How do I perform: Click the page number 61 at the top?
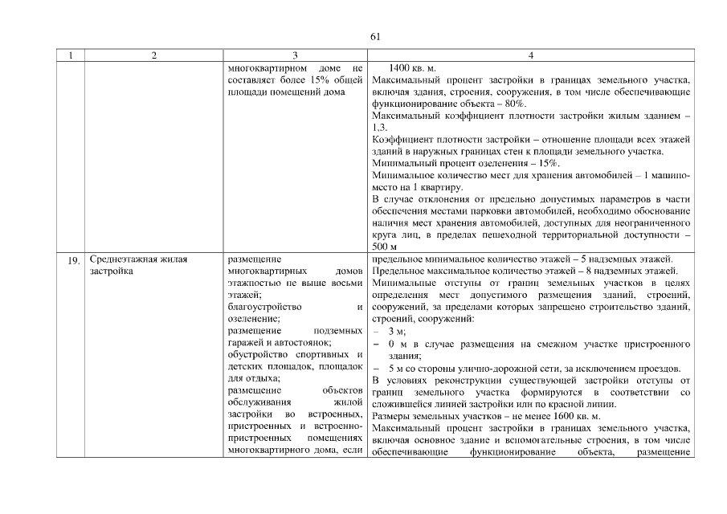point(374,36)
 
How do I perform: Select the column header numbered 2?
point(153,55)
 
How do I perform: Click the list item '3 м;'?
point(397,331)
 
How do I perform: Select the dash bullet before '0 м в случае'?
point(376,343)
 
